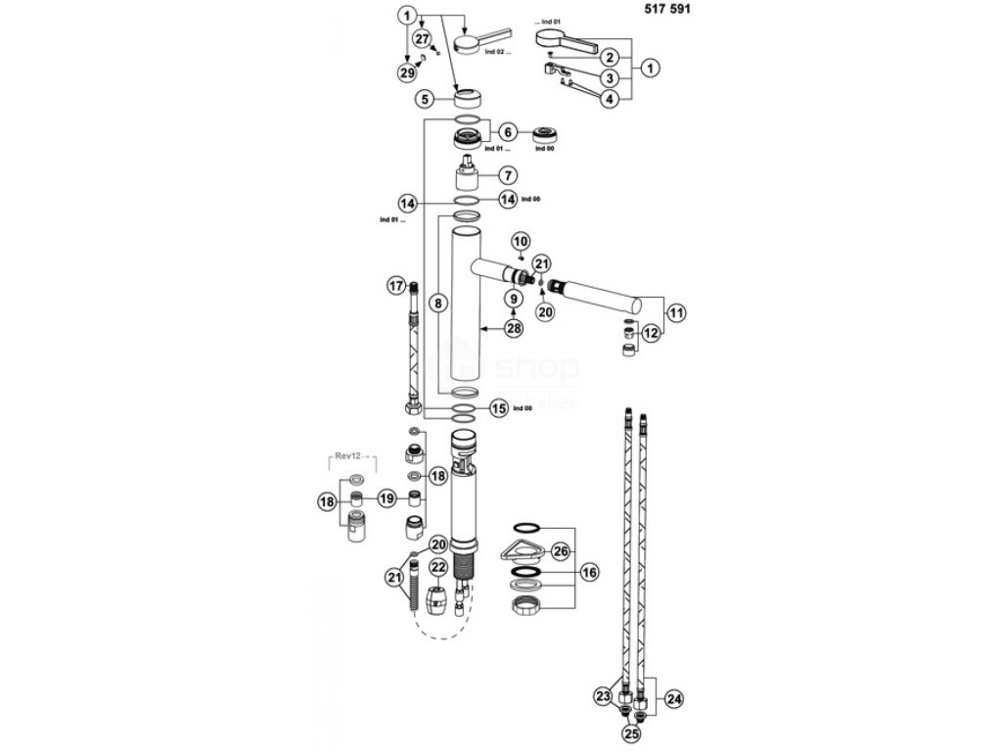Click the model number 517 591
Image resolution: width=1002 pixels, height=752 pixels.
point(672,16)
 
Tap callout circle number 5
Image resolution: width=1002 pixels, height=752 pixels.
point(423,99)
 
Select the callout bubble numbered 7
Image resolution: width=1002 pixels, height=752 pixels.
point(507,175)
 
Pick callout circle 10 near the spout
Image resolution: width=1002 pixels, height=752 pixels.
point(520,241)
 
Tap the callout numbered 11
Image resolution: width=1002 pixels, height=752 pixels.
point(674,313)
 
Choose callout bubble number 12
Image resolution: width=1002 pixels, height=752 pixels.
point(651,333)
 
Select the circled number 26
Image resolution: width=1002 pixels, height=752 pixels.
point(560,549)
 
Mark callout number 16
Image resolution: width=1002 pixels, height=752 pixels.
point(588,571)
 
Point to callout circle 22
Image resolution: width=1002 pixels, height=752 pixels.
point(438,567)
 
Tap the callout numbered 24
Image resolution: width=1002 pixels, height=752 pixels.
point(674,698)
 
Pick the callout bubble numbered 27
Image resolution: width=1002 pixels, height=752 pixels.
point(422,38)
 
